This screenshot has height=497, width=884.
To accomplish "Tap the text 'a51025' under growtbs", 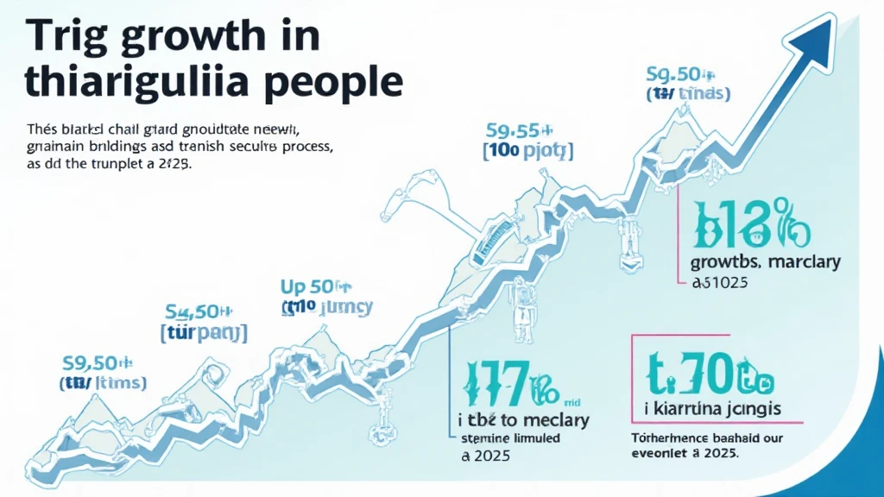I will point(720,282).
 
